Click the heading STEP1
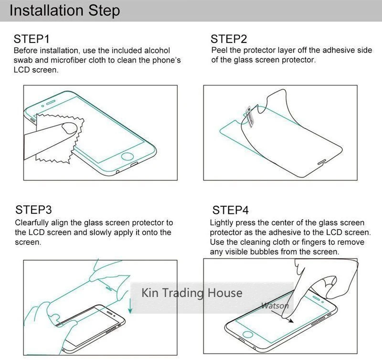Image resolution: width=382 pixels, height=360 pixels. (x=32, y=39)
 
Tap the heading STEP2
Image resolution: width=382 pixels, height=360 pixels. (x=229, y=39)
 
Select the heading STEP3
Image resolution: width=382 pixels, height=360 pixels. (x=33, y=210)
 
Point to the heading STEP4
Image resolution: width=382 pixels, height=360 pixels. (x=230, y=210)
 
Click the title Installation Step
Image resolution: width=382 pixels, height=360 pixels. (x=64, y=11)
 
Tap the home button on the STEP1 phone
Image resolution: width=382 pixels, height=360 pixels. (x=127, y=157)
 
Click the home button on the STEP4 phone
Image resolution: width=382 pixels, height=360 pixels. (x=247, y=334)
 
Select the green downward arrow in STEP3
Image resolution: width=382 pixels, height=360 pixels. (x=130, y=306)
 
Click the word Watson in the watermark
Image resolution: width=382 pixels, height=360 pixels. (x=275, y=306)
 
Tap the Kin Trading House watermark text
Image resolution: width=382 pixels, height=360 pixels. (x=192, y=293)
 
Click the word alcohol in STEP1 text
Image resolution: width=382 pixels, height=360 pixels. (x=157, y=51)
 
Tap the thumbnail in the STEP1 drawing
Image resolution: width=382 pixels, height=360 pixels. (x=70, y=128)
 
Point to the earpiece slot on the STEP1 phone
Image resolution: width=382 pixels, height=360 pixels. (x=51, y=102)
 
